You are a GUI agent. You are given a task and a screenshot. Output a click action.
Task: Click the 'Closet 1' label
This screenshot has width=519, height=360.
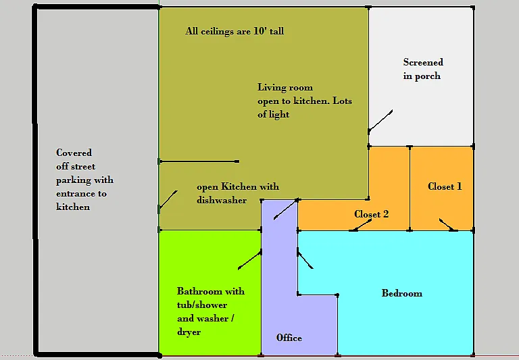coord(445,186)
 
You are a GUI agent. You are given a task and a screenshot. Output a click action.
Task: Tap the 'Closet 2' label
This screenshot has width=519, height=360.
coord(372,214)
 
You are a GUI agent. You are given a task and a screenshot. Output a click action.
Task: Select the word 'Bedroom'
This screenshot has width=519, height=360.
coord(402,293)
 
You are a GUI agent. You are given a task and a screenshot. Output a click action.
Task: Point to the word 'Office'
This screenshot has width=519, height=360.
coord(289,338)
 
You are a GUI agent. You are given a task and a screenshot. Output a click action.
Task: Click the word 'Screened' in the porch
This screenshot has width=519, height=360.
coord(423,62)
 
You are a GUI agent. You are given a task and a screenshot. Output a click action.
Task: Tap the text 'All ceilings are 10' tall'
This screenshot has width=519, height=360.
coord(234,31)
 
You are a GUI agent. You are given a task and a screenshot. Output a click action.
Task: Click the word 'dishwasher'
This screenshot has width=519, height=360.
coord(222,200)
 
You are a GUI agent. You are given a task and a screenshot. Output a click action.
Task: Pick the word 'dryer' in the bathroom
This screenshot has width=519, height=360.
coord(189,332)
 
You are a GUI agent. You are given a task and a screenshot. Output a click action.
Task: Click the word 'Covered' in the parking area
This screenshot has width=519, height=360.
coord(74,153)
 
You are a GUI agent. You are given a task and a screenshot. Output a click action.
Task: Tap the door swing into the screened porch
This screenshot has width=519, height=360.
coord(380,121)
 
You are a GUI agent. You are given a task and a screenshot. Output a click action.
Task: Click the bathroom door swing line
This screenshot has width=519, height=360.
coord(249,261)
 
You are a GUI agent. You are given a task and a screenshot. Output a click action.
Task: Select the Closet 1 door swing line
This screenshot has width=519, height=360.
coord(449,225)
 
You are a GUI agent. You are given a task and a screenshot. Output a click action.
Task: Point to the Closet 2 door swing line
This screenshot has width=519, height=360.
coord(361,225)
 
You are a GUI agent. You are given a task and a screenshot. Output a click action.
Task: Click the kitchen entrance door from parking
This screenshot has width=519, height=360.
coord(168,200)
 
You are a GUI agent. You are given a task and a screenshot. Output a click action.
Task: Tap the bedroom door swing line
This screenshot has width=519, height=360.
coord(305,260)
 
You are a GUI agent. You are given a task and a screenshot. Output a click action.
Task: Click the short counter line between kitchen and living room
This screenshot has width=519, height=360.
coord(199,161)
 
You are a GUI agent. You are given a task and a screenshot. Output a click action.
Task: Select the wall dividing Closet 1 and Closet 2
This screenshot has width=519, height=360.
coord(410,188)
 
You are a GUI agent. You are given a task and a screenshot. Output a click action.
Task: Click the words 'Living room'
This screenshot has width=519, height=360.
coord(285,87)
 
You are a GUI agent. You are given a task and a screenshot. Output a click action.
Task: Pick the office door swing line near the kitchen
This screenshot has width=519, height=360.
coord(286,209)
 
